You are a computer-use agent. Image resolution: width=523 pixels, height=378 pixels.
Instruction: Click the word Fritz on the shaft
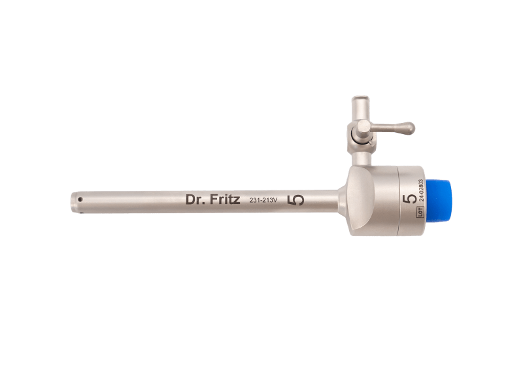point(225,199)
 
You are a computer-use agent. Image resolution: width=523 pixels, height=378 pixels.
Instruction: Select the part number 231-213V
point(263,200)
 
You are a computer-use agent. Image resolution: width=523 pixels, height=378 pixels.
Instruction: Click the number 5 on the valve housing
point(410,199)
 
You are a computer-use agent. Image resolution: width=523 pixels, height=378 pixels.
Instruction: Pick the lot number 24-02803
point(421,190)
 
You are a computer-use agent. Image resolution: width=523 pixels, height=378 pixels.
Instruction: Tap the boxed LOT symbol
point(420,211)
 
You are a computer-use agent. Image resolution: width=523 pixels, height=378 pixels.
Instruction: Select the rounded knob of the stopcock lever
point(408,128)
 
